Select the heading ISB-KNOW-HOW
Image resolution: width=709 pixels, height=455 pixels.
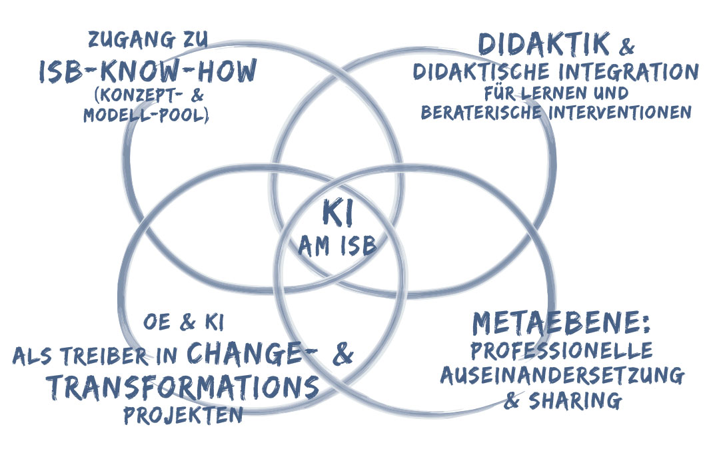(147, 71)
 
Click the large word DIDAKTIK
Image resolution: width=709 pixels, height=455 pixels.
(544, 45)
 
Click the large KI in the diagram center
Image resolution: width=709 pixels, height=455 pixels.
(338, 214)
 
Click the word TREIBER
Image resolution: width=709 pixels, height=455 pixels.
(110, 356)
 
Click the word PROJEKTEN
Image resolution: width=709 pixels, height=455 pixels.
(182, 415)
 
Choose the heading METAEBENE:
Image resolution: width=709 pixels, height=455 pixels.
(561, 324)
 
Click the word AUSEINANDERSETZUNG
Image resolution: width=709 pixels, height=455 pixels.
(562, 376)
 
